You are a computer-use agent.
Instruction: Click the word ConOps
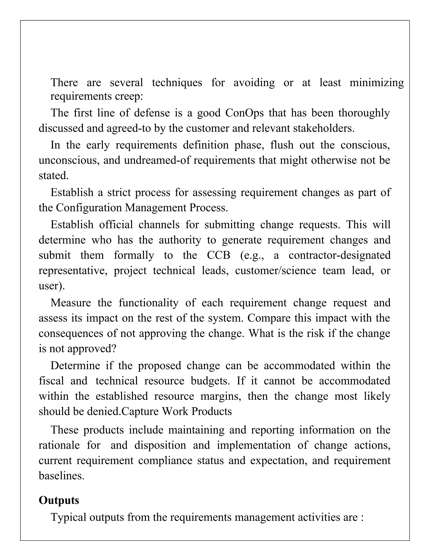pos(244,113)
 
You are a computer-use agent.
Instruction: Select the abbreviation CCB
pos(218,255)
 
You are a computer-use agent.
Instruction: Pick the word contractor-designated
pos(340,255)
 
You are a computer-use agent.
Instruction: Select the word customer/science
pos(275,271)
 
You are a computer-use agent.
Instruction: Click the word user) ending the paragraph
pos(51,286)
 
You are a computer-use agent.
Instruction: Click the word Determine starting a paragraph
pos(75,365)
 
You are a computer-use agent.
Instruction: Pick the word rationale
pos(59,445)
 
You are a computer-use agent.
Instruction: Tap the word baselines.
pos(62,475)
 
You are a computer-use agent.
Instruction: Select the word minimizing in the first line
pos(377,83)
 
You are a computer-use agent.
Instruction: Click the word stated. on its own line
pos(53,176)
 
